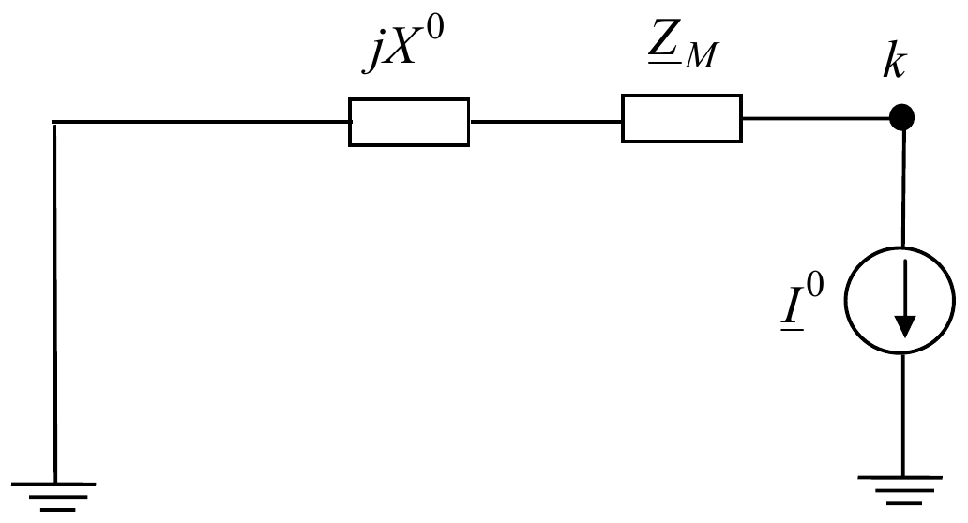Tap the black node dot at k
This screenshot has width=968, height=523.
[902, 117]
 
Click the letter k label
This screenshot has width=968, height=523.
[895, 62]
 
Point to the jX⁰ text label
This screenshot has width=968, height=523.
[403, 46]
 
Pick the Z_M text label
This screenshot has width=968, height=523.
[684, 47]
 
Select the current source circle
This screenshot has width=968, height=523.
[845, 300]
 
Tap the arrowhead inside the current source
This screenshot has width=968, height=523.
[905, 326]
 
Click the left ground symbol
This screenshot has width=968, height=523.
[53, 497]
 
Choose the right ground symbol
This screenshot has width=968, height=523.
[900, 490]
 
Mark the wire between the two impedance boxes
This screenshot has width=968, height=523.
[545, 122]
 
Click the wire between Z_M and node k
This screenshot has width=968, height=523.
[816, 117]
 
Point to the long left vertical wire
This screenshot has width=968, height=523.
[55, 302]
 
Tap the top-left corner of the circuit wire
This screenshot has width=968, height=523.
[53, 122]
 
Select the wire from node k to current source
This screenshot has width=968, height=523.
[904, 188]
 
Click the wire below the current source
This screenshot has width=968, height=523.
[902, 414]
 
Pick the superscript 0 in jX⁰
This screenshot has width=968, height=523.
[434, 31]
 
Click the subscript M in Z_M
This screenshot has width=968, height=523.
[702, 56]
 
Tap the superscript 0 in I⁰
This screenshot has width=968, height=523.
[815, 286]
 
